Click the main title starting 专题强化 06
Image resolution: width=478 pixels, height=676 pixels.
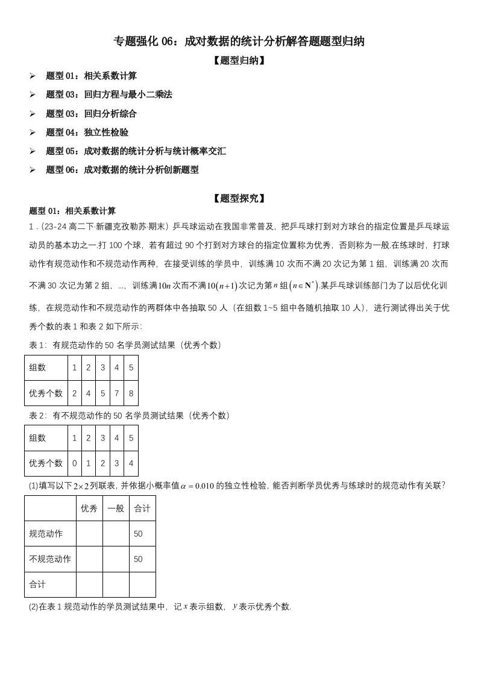(x=239, y=42)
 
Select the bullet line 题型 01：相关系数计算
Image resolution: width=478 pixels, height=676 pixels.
(x=91, y=76)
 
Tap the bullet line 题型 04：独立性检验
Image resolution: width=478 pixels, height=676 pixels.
(x=87, y=133)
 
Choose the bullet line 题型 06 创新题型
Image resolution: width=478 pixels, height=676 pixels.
(x=122, y=170)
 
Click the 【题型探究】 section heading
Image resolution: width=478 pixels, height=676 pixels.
(x=239, y=198)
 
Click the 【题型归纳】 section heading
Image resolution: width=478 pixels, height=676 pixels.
(x=239, y=60)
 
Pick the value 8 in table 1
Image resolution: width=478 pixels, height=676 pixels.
(x=131, y=393)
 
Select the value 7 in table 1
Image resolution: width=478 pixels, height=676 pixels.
(x=116, y=393)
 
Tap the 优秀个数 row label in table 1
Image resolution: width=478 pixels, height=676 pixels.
(x=46, y=393)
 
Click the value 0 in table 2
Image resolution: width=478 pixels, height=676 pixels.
(x=74, y=463)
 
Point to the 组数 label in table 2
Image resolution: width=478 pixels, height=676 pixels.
(x=37, y=438)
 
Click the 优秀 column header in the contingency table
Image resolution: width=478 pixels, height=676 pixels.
(x=89, y=508)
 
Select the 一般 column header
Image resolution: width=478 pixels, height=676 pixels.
(x=116, y=508)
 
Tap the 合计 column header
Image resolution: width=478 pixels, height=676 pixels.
(x=142, y=508)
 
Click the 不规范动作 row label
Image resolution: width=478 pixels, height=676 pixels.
(x=50, y=559)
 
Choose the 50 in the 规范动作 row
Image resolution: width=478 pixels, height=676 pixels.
(x=138, y=534)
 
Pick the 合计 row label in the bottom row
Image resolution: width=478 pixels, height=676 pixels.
(x=37, y=584)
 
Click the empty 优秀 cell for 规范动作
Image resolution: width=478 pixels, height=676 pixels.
(x=89, y=534)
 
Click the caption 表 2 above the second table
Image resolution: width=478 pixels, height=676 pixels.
(x=130, y=416)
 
